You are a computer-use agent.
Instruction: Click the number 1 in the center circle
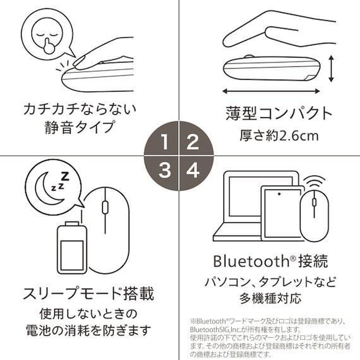tap(164, 142)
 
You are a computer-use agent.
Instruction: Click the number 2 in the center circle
tap(193, 142)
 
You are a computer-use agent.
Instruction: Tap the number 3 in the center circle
tap(164, 170)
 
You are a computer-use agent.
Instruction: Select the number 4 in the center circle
tap(193, 170)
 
